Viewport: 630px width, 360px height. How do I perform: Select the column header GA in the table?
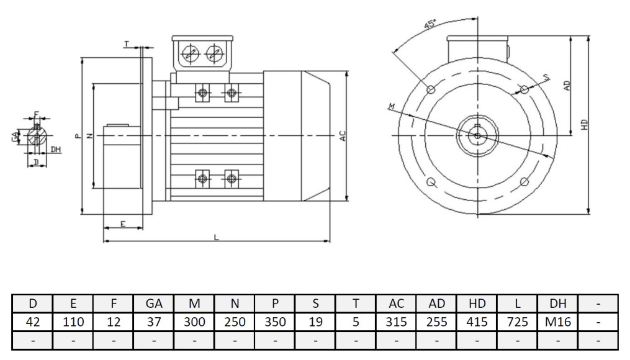click(154, 304)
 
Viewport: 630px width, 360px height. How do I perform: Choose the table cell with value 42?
click(32, 322)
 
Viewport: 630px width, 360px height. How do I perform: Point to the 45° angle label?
click(429, 25)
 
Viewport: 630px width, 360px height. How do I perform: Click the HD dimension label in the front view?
click(584, 124)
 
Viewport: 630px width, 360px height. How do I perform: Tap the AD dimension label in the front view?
click(566, 85)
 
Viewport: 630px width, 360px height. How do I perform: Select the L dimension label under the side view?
click(216, 236)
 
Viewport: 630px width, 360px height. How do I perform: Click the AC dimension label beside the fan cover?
click(343, 137)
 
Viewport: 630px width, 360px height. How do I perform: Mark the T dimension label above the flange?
click(127, 45)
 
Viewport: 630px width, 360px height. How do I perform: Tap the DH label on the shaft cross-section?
click(56, 150)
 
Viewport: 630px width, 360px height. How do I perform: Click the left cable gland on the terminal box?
click(188, 55)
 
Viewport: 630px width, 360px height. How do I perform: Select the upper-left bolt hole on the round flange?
click(431, 90)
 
